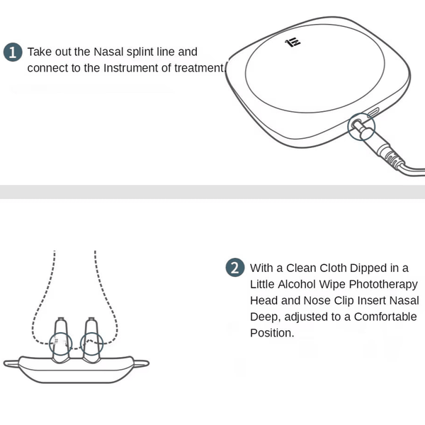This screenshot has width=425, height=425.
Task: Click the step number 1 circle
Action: click(13, 52)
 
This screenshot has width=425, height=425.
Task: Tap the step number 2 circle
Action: click(235, 267)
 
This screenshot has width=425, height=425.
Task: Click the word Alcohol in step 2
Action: click(297, 284)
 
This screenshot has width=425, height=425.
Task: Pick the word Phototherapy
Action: click(383, 285)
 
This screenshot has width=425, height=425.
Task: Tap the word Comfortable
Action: click(385, 317)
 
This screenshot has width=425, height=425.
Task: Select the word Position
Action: click(272, 333)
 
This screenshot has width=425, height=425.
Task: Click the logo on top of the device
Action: click(293, 42)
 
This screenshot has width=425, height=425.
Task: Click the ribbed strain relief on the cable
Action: click(392, 158)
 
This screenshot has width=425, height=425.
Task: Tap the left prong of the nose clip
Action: click(60, 339)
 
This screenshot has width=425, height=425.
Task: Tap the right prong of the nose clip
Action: click(91, 339)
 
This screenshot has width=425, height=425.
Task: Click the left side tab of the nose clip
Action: click(11, 363)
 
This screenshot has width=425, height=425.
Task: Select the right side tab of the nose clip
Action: click(141, 363)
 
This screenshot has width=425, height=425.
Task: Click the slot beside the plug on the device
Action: click(373, 113)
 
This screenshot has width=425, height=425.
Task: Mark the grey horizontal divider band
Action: click(212, 192)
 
